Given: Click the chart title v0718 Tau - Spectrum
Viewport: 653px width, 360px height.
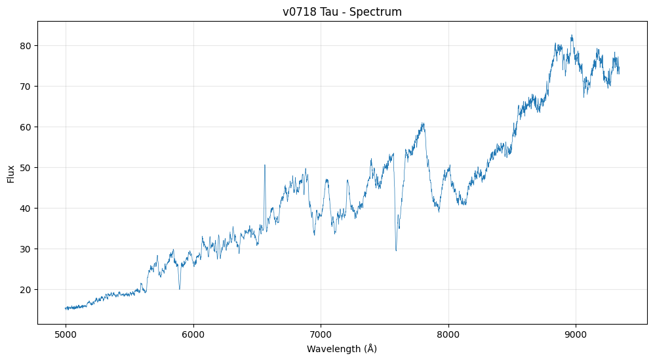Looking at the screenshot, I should [342, 12].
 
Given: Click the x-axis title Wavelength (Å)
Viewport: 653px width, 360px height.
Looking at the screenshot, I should [342, 349].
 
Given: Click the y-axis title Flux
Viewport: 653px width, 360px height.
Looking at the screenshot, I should [11, 174].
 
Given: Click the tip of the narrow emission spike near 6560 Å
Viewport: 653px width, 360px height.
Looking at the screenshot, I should [265, 165].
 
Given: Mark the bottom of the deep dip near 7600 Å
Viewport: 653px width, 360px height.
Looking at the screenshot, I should [396, 250].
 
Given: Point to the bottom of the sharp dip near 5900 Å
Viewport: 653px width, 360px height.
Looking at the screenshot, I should [180, 289].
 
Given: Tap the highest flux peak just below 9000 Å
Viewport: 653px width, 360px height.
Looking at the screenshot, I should [572, 35].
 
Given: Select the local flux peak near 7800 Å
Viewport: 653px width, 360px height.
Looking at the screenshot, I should [424, 123].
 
